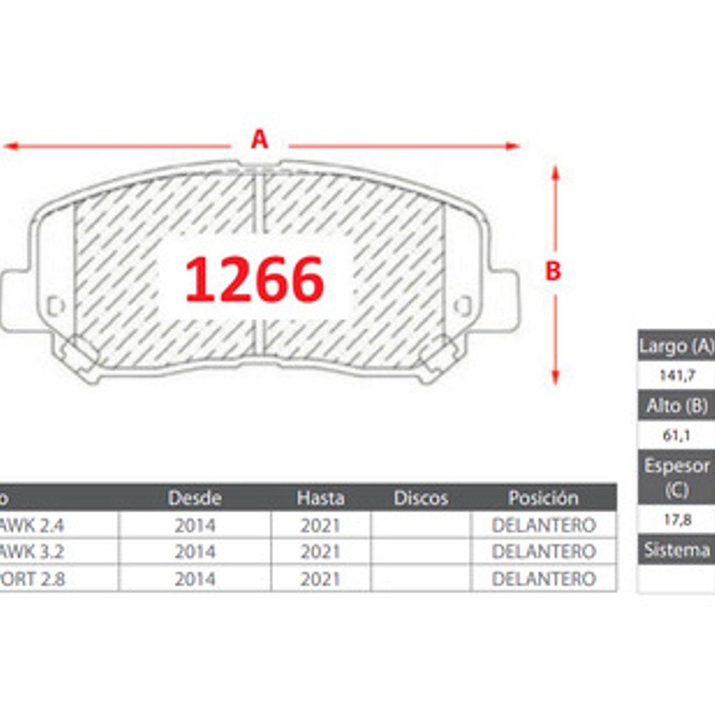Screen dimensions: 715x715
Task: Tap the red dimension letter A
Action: [x=259, y=139]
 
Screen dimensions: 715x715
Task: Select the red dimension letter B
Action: [x=553, y=271]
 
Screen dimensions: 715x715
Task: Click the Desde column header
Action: [x=194, y=498]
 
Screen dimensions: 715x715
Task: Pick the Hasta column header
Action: [x=320, y=498]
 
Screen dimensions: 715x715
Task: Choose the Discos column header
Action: [x=421, y=498]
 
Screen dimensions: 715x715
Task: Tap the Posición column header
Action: [x=543, y=498]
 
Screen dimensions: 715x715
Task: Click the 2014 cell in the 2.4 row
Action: [x=194, y=525]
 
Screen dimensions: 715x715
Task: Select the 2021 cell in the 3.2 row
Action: [x=320, y=552]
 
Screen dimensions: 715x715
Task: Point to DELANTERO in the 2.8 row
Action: [x=543, y=579]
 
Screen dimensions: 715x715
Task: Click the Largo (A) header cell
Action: [x=676, y=346]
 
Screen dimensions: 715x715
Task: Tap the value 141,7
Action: [x=677, y=376]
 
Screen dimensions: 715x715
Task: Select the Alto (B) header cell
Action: [x=677, y=406]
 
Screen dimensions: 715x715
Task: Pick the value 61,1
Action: [x=677, y=435]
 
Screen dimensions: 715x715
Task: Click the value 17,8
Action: [x=677, y=520]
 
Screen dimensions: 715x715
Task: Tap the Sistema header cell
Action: [x=677, y=550]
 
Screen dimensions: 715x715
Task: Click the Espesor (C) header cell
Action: [x=677, y=477]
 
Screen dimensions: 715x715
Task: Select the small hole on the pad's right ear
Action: [x=463, y=306]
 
